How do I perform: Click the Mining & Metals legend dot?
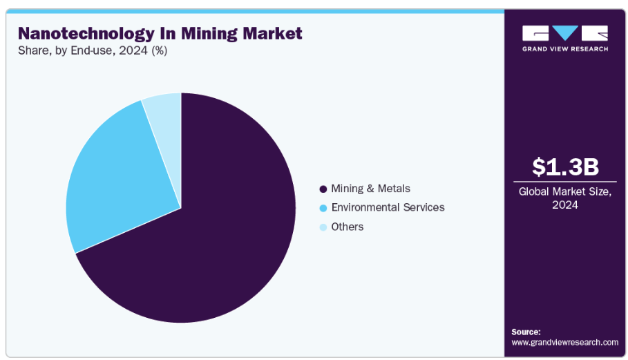click(323, 189)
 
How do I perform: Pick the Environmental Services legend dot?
click(323, 208)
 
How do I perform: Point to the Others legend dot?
click(323, 227)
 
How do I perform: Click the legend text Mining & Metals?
click(370, 189)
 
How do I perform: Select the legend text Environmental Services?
click(388, 207)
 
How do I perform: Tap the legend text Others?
click(347, 227)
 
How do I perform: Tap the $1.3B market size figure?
click(565, 167)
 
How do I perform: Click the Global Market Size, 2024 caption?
click(565, 198)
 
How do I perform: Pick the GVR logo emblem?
click(565, 33)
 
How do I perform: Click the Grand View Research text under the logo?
click(565, 49)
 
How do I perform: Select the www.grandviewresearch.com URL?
click(564, 342)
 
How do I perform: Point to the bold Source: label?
click(526, 332)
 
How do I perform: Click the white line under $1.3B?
click(565, 182)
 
